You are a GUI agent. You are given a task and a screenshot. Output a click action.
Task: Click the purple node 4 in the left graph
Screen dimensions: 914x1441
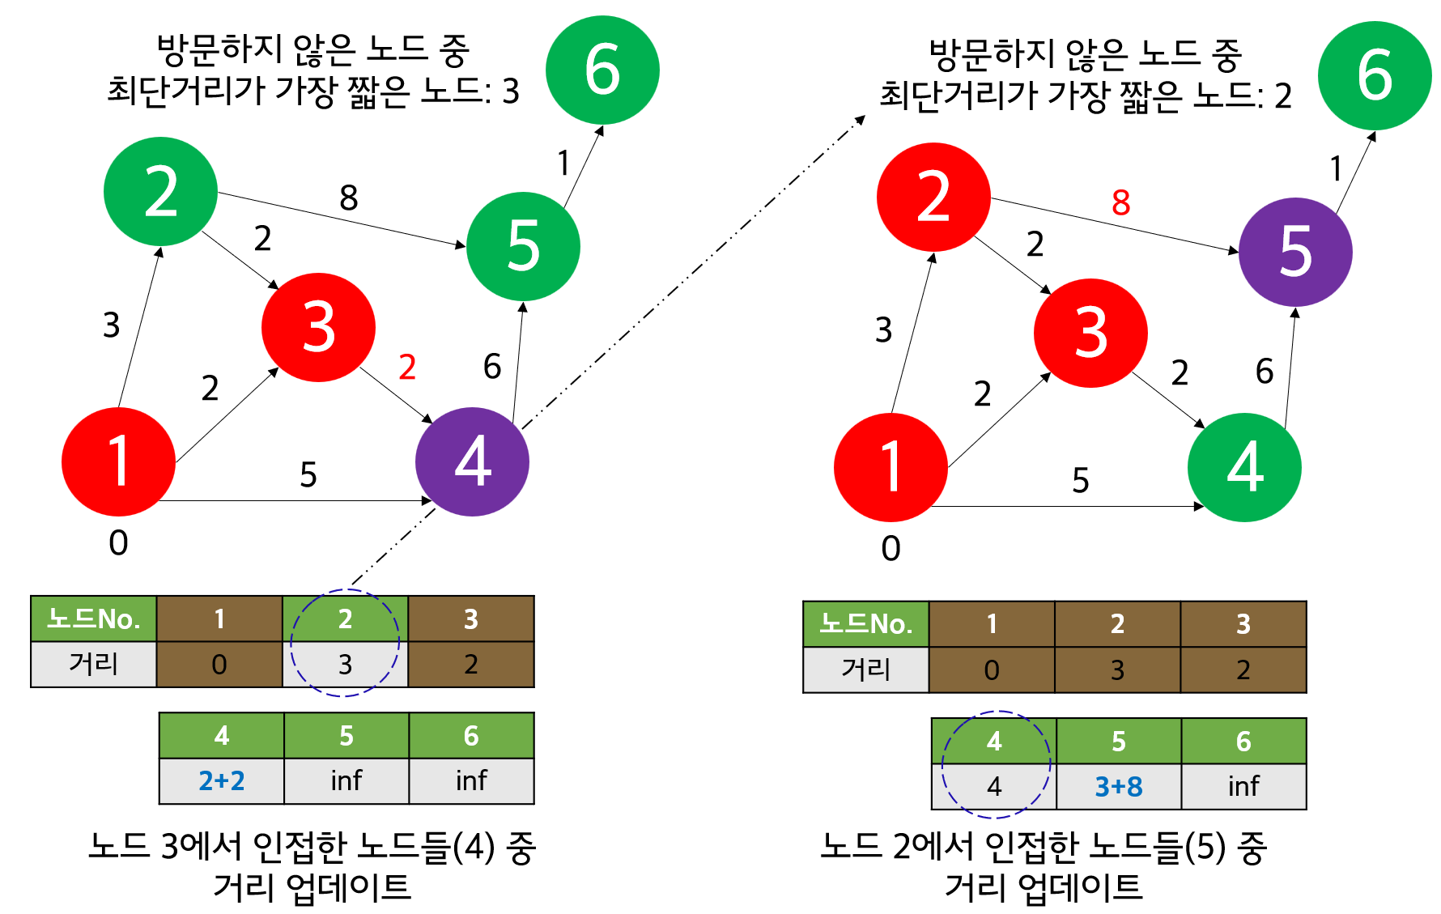(x=472, y=461)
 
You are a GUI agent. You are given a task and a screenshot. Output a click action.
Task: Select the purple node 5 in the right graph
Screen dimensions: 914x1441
(x=1295, y=252)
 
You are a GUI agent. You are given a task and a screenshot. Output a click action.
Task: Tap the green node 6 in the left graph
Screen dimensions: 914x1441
(x=602, y=70)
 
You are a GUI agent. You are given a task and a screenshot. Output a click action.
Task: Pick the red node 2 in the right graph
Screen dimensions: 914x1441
(x=933, y=198)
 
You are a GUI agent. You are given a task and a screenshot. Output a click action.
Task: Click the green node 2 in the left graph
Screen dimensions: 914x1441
(x=160, y=192)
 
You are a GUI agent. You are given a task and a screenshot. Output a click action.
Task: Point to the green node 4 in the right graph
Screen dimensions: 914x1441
(x=1244, y=467)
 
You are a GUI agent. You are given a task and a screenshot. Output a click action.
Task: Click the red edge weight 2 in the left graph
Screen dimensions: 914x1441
(x=407, y=368)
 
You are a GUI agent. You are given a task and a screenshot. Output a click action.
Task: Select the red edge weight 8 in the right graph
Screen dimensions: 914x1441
(x=1120, y=202)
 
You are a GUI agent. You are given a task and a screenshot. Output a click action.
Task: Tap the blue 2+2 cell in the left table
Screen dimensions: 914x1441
(x=222, y=780)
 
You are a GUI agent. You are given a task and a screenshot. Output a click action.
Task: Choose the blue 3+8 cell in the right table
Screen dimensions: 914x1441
(x=1119, y=786)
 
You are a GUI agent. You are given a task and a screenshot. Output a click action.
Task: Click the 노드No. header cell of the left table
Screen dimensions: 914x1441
(x=94, y=619)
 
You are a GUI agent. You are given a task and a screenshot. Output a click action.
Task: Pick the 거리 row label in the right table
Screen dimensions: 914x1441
(x=865, y=670)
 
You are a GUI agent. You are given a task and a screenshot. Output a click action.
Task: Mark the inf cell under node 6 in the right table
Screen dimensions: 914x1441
(x=1243, y=786)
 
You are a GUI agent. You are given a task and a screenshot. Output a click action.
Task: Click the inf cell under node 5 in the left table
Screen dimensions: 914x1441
(x=346, y=780)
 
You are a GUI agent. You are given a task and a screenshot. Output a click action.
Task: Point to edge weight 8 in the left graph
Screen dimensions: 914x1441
(x=349, y=198)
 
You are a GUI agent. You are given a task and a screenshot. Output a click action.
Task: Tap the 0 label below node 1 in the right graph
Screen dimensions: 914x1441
(x=891, y=549)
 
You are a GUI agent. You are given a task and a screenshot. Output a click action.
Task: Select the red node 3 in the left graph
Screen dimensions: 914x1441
(x=318, y=327)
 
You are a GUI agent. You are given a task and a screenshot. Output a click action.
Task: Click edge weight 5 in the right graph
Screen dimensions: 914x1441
(x=1081, y=481)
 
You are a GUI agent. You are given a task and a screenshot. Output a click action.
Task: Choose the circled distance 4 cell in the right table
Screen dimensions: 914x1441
(x=994, y=786)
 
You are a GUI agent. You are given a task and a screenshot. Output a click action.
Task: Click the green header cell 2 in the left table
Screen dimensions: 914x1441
(x=345, y=619)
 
